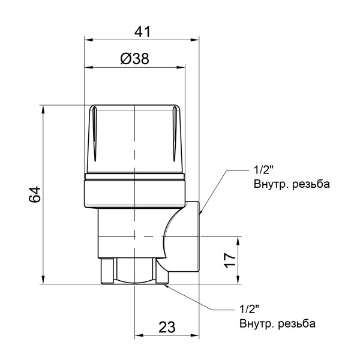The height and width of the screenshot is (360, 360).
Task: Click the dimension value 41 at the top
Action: (x=141, y=32)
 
